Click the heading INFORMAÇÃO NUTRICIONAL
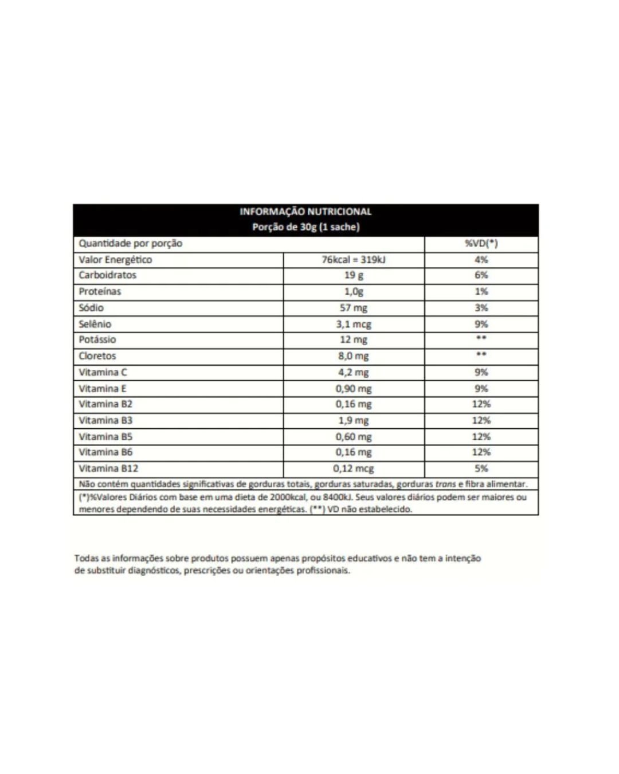coord(305,212)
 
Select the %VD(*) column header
coord(481,243)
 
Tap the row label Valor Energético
coord(115,260)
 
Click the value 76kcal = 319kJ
coord(354,260)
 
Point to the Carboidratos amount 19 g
coord(354,275)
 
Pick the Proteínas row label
coord(100,291)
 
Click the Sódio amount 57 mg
coord(354,308)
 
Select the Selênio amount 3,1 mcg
coord(354,324)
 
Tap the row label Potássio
coord(97,339)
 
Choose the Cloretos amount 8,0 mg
coord(354,356)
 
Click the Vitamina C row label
coord(103,372)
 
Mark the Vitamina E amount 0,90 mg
coord(354,388)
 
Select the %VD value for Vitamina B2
coord(481,404)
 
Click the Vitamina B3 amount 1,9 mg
coord(354,420)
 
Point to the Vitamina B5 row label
coord(105,436)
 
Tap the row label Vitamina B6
coord(105,452)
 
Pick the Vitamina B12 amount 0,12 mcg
coord(354,468)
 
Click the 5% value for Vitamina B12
coord(481,468)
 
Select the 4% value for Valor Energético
coord(481,260)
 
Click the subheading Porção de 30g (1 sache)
coord(305,227)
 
